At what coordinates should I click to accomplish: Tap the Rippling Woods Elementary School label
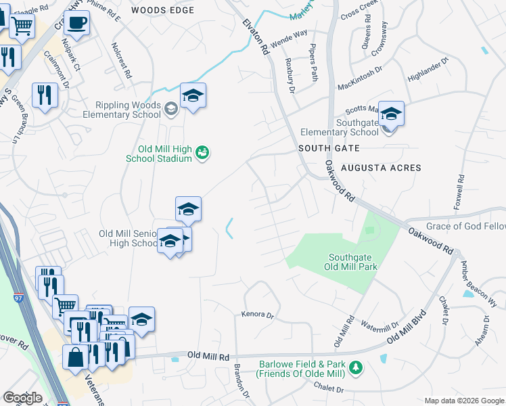coord(128,110)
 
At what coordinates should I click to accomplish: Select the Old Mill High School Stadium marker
coord(202,154)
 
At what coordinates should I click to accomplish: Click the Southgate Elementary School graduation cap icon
coord(391,114)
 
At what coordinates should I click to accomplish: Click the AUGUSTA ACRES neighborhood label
coord(381,168)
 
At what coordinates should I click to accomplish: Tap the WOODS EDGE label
coord(162,10)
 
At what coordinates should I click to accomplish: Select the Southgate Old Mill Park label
coord(352,262)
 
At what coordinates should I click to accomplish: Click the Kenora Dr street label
coord(257,315)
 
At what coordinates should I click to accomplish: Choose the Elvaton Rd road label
coord(255,35)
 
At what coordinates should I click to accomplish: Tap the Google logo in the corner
coord(22,398)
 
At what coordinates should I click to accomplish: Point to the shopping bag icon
coord(75,358)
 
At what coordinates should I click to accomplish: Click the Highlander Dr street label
coord(428,70)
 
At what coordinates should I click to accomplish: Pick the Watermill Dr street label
coord(381,325)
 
